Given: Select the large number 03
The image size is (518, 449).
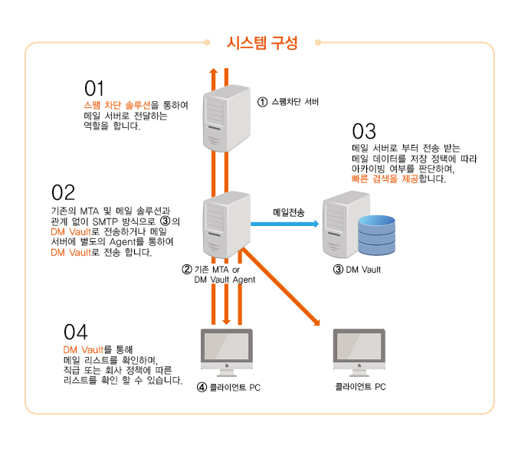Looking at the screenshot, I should point(364,130).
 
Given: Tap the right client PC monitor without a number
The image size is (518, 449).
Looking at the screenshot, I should point(359,350).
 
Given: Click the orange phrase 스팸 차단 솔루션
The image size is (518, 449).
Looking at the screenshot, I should point(116,105).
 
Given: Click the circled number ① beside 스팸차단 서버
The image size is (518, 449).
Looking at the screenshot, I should point(262,101).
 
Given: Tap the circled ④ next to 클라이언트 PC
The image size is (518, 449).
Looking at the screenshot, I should point(202,387).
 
